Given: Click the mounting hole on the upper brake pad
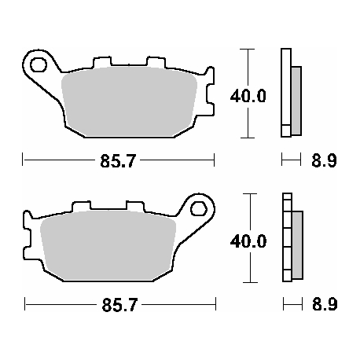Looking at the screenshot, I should coord(37,62).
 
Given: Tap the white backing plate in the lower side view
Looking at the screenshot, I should coord(286,237).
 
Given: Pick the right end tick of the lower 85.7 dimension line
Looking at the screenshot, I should coord(214,303).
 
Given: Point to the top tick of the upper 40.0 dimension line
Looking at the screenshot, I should coord(248,50).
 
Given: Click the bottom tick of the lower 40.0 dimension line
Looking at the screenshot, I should coord(248,281).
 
